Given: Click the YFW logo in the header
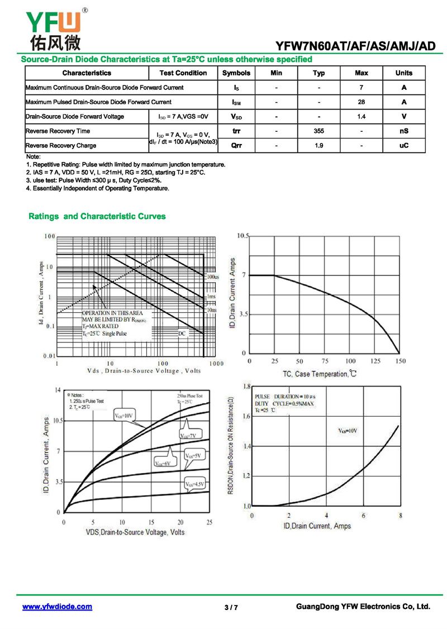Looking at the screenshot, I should [54, 28].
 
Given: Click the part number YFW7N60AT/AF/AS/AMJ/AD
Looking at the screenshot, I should [355, 46].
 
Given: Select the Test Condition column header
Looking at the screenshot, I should [183, 73].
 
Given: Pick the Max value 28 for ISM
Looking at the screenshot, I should [362, 102].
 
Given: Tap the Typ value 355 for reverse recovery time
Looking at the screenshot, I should [318, 131].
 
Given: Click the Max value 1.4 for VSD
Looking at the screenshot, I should [362, 117].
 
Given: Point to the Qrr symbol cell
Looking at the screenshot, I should [236, 146].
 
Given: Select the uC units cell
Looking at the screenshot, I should [403, 146].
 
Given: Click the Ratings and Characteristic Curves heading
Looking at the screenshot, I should [97, 216].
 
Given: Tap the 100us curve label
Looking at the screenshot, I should [212, 277].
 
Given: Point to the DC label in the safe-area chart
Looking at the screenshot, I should [182, 333].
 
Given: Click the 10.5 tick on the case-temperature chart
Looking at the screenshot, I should [242, 236].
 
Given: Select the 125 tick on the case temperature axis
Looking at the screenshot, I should [375, 361].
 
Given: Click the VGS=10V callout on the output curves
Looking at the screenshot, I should [124, 416].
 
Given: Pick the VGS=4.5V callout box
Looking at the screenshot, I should [195, 484].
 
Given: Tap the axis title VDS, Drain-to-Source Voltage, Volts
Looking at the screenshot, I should [135, 532].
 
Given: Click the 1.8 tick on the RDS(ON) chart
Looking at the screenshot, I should [246, 387].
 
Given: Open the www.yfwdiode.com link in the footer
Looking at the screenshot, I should [57, 607].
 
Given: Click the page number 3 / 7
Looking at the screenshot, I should [231, 608].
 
